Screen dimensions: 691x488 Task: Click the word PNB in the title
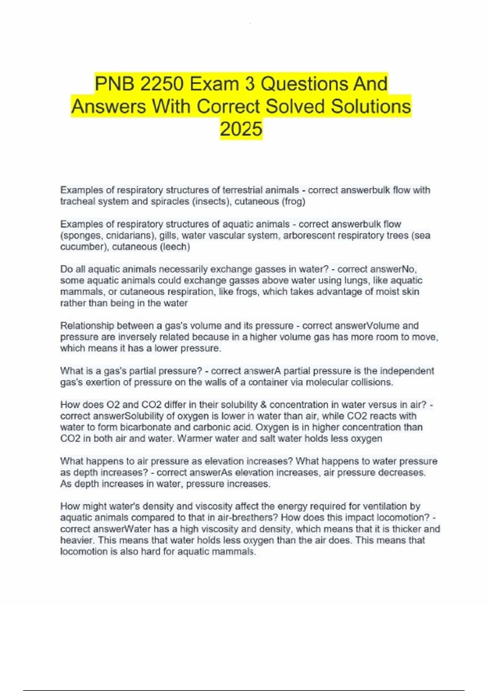114,84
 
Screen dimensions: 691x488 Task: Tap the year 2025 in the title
241,129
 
